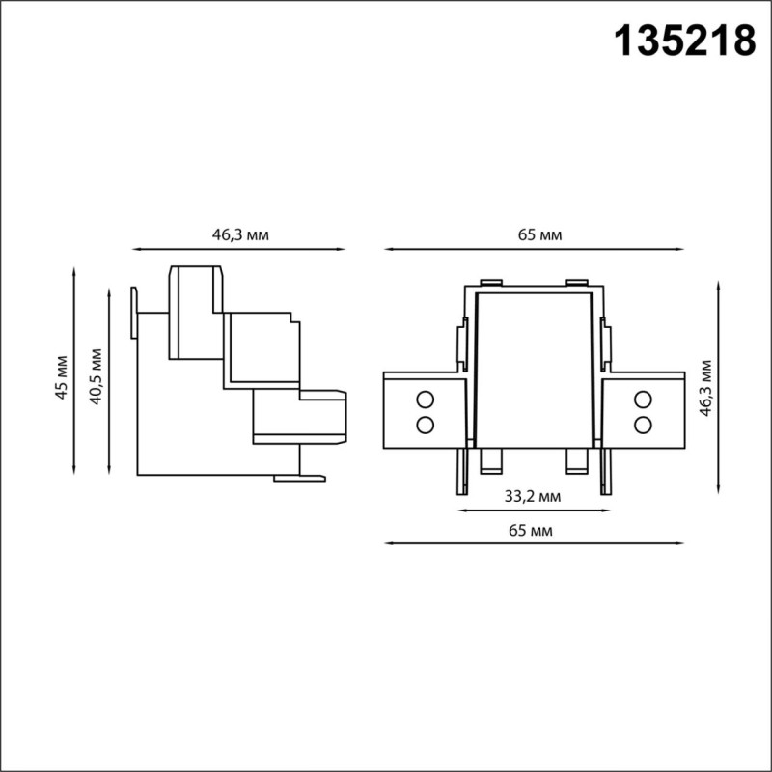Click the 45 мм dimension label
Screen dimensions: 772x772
[x=61, y=377]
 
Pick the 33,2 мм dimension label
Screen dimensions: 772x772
[x=533, y=497]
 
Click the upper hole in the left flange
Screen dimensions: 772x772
[x=424, y=399]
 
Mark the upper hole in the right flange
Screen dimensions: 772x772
[x=642, y=399]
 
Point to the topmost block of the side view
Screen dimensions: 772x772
[x=198, y=311]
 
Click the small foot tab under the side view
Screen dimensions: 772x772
[x=299, y=476]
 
